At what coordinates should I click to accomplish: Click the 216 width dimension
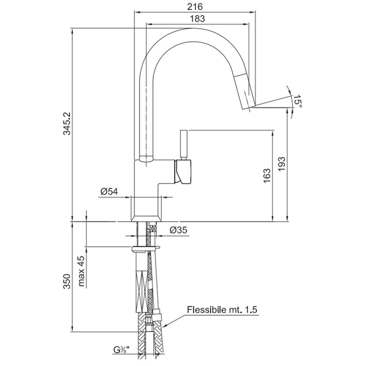pos(195,7)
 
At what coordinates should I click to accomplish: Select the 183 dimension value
pos(197,19)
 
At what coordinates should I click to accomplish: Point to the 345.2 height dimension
pos(67,123)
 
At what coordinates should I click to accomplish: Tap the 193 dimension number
pos(281,164)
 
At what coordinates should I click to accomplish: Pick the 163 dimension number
pos(267,176)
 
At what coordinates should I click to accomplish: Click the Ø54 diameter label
pos(109,192)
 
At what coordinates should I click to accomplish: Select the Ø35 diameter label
pos(179,230)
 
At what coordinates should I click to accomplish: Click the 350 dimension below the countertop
pos(67,281)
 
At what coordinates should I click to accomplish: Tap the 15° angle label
pos(298,101)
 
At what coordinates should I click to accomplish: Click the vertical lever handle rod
pos(184,144)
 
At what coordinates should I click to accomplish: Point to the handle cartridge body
pos(183,171)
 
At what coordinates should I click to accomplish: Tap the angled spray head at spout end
pos(245,92)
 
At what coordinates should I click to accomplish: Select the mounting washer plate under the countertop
pos(145,249)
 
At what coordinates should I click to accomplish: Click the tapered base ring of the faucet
pos(146,219)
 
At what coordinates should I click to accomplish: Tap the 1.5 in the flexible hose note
pos(251,310)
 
